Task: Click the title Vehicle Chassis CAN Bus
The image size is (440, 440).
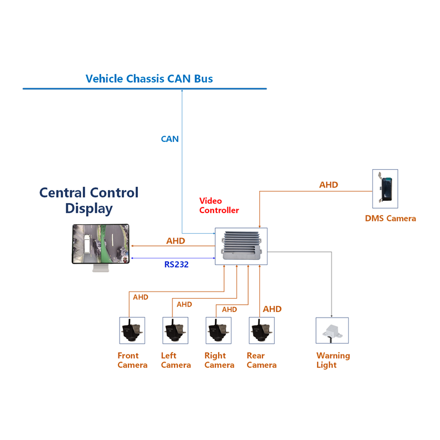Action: [149, 78]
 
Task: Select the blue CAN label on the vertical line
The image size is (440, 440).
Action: [170, 139]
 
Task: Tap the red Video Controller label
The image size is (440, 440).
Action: [219, 206]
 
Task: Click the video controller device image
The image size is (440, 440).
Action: [241, 245]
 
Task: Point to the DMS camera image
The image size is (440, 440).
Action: [385, 189]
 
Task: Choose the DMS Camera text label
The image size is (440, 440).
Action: [390, 219]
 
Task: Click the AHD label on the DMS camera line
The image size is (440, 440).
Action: [328, 185]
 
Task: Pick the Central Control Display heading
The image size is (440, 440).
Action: [89, 201]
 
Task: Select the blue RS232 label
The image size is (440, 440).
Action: [176, 265]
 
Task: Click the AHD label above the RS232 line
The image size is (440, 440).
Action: [176, 241]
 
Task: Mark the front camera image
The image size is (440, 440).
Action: [132, 330]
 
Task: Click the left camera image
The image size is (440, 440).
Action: [175, 330]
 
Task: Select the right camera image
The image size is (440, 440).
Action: [219, 330]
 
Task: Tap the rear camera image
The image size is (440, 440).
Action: [261, 330]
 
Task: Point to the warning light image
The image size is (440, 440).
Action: [332, 330]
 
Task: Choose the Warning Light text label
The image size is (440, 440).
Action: [333, 360]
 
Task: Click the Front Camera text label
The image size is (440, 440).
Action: [132, 360]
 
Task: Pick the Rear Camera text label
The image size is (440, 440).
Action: [261, 360]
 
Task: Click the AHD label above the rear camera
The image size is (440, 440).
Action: [272, 309]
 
